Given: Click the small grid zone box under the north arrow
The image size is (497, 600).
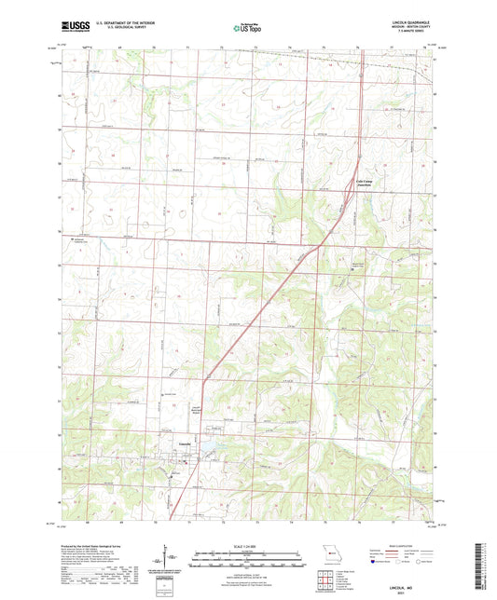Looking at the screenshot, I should [x=167, y=587].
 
